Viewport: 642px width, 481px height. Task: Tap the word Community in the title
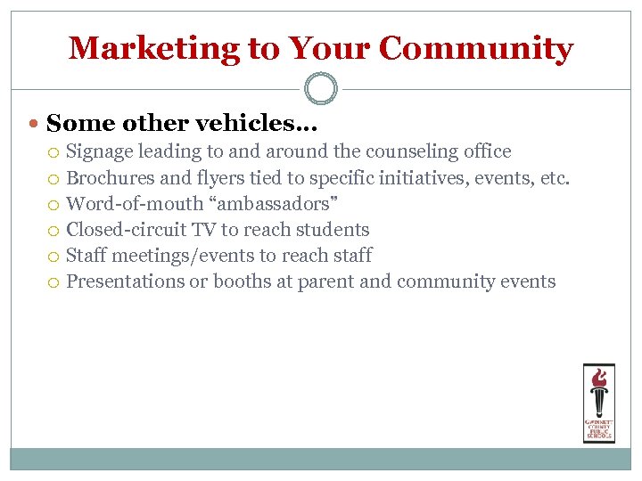point(475,48)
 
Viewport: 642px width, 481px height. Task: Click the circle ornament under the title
point(321,89)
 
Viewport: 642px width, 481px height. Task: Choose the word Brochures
point(111,178)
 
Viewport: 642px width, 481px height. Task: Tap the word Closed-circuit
point(126,230)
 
